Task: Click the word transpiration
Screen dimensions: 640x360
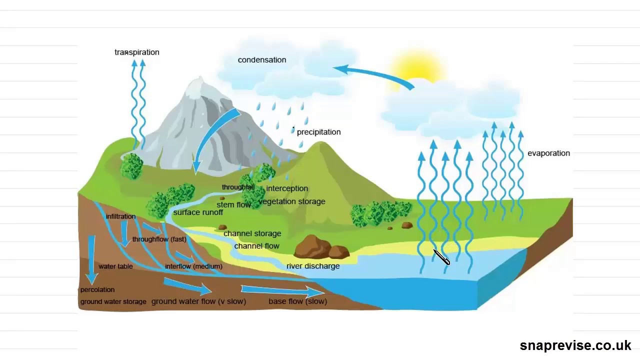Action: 136,52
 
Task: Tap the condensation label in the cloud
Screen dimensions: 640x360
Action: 262,60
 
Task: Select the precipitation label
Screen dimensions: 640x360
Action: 318,132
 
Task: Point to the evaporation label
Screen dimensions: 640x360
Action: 548,153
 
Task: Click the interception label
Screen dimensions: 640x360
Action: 287,188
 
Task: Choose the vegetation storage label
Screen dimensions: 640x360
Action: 292,201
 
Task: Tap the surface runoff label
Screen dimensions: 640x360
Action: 198,212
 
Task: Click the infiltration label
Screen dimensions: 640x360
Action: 120,216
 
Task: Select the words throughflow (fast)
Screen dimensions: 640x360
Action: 159,239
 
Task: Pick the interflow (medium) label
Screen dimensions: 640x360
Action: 193,266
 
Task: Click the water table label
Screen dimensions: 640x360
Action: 115,266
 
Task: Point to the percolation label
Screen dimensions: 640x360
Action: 97,290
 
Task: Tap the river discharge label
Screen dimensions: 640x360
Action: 313,266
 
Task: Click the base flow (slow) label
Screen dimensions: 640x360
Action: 297,301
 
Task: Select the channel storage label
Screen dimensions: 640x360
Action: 252,233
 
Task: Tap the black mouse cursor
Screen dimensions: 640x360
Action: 441,257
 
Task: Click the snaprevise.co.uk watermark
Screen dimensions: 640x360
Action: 575,345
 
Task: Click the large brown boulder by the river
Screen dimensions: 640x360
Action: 314,246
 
